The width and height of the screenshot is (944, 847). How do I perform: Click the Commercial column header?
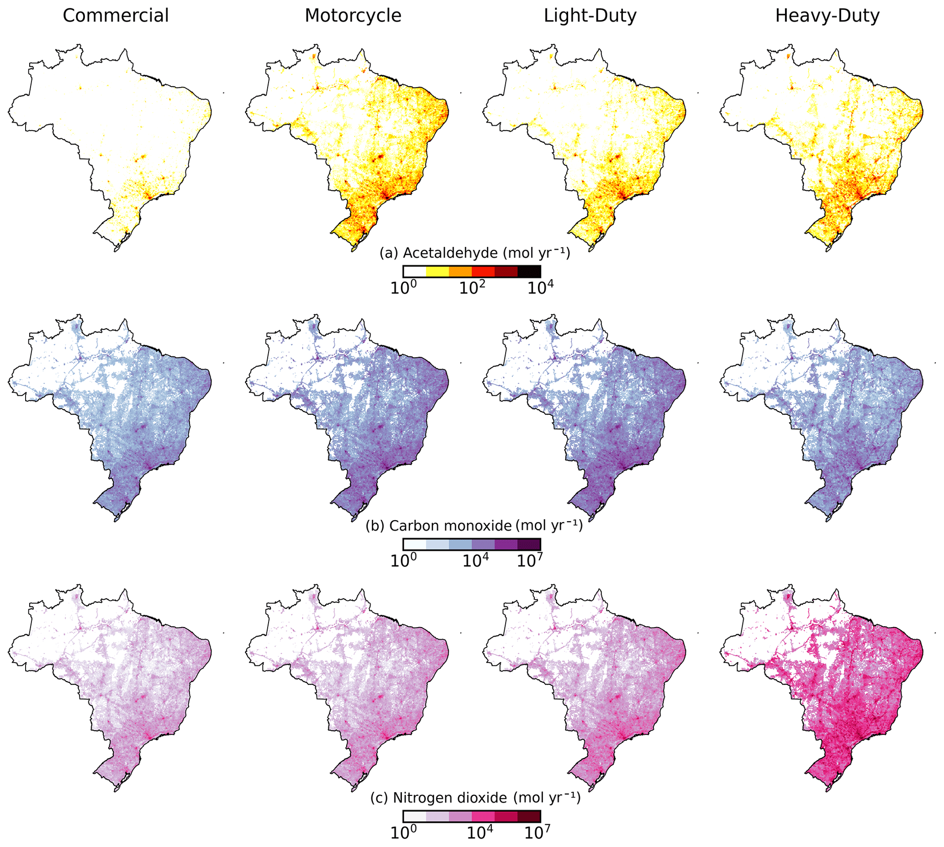tap(116, 16)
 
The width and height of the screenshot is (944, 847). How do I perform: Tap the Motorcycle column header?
tap(353, 16)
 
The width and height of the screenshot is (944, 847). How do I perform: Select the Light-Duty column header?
tap(590, 16)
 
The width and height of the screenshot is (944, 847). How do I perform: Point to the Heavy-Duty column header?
tap(828, 16)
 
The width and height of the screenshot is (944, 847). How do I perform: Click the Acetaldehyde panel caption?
tap(475, 253)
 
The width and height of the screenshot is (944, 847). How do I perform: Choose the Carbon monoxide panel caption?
tap(474, 525)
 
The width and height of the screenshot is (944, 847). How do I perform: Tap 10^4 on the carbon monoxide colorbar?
tap(475, 561)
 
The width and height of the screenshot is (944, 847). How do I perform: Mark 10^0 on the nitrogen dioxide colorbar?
tap(403, 833)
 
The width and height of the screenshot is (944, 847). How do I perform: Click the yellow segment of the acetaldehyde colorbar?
tap(438, 272)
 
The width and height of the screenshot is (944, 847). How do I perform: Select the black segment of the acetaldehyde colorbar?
tap(529, 272)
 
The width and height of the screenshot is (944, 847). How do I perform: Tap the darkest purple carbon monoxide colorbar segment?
tap(529, 544)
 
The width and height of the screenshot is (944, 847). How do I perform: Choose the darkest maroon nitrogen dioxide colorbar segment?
tap(529, 816)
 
